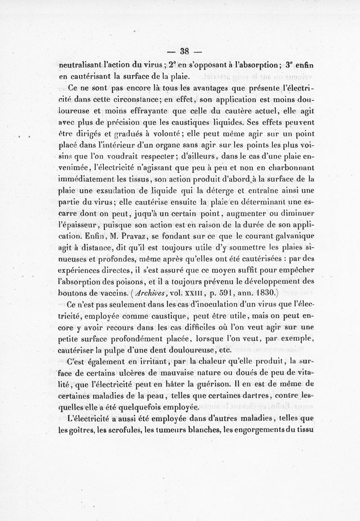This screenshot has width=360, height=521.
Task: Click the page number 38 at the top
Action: tap(185, 51)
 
